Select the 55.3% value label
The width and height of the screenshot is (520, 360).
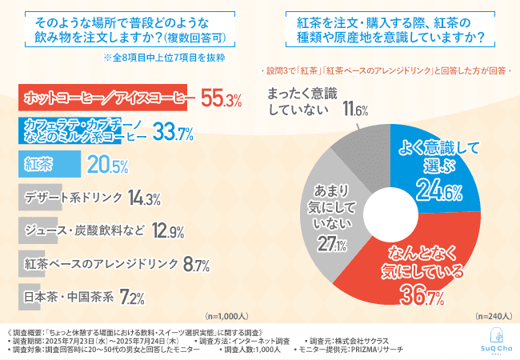point(222,98)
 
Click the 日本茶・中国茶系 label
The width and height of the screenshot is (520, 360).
point(69,296)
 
